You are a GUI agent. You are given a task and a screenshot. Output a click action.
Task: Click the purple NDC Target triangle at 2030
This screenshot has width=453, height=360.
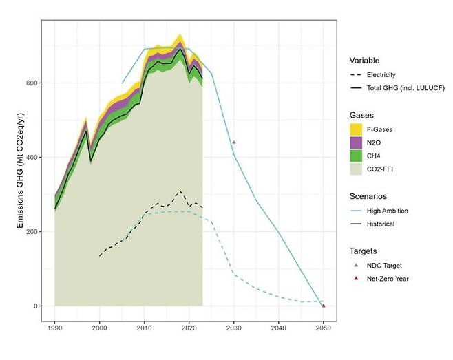coord(234,142)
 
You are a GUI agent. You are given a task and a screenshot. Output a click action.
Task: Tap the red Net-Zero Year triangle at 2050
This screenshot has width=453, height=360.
coord(324,305)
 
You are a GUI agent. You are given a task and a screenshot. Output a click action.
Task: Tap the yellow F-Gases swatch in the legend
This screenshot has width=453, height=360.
coord(357,129)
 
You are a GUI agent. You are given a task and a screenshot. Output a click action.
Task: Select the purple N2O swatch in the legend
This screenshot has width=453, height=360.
coord(357,142)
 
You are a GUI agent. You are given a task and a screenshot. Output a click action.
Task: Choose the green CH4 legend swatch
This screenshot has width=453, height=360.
coord(357,156)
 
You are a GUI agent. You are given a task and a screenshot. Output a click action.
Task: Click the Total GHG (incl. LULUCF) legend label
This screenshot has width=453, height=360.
coord(407,88)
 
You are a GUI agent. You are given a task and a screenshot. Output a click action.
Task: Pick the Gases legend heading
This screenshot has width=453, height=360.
coord(362,115)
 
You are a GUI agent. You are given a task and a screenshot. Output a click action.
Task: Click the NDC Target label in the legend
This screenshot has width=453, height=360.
coord(383,265)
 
